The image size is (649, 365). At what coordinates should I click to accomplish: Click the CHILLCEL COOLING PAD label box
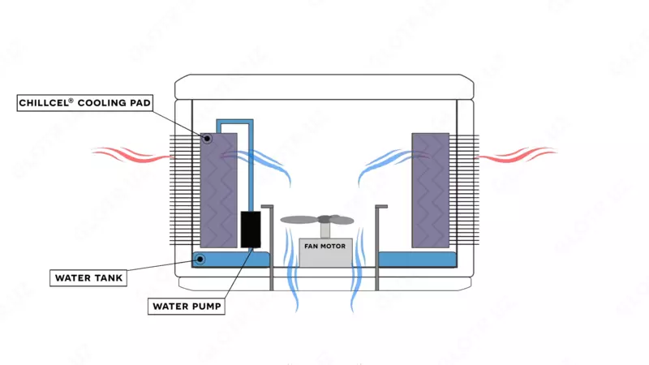tap(85, 103)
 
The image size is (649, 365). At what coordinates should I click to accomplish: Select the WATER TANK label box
tap(89, 277)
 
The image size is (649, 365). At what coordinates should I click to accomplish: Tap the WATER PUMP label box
tap(187, 307)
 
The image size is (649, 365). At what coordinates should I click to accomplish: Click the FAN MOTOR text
tap(325, 246)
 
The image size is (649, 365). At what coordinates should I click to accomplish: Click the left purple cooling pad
tap(218, 191)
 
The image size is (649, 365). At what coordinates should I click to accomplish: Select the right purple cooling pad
tap(430, 191)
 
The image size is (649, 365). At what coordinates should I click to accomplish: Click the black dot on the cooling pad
tap(208, 139)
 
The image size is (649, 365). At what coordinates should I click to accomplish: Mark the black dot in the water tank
tap(200, 260)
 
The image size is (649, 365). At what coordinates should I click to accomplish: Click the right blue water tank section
tap(417, 259)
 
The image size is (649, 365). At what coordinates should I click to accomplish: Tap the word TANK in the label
tap(108, 277)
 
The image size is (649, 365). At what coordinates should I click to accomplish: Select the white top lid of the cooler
tap(324, 87)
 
